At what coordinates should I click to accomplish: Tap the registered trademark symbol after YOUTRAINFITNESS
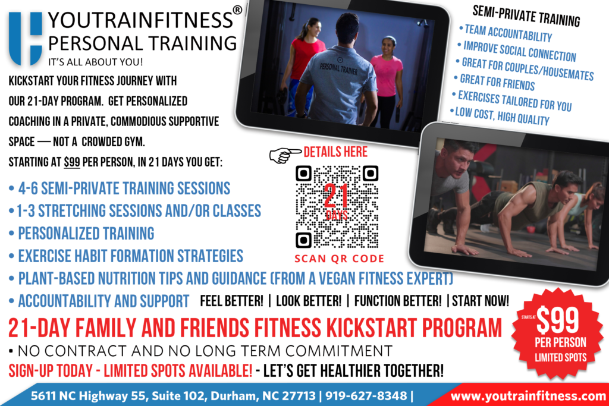(x=237, y=11)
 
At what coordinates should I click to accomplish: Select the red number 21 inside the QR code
(x=336, y=196)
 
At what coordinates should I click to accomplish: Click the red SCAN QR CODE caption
(x=340, y=259)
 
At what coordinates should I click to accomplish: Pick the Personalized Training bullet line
(x=86, y=232)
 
